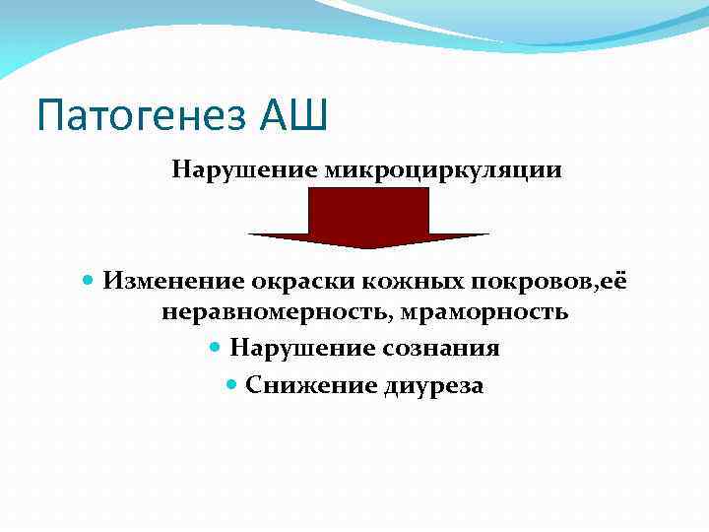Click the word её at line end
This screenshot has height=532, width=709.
tap(614, 282)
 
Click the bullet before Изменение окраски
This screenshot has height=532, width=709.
tap(88, 282)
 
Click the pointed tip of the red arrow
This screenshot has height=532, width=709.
tap(369, 246)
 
